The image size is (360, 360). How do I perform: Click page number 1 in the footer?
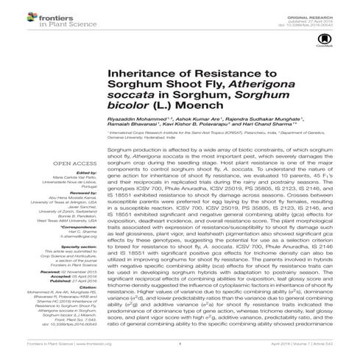180,353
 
